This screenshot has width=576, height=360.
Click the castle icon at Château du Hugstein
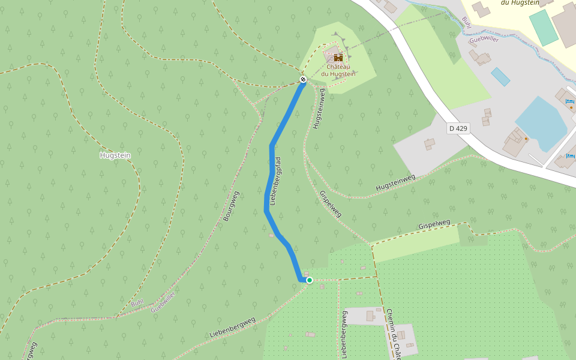[x=338, y=58]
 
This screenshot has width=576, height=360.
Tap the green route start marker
[x=310, y=280]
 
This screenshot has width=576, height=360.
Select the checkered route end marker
[x=303, y=79]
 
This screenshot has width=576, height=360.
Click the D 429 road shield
[x=458, y=128]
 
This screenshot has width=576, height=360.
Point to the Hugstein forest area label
[x=115, y=155]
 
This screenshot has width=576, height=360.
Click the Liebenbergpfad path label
[x=276, y=181]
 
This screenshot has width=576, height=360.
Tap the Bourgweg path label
[x=231, y=206]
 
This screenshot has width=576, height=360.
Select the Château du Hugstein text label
[x=338, y=70]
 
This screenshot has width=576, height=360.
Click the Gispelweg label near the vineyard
[x=434, y=224]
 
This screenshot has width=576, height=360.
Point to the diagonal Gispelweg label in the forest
[x=331, y=204]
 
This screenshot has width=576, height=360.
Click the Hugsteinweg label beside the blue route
[x=318, y=109]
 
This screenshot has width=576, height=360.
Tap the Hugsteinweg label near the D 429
[x=395, y=183]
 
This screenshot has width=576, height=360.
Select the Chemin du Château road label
[x=394, y=333]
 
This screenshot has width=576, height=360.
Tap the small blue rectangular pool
[x=500, y=76]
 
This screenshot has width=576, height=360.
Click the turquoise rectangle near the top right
[x=544, y=27]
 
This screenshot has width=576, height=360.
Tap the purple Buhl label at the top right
[x=466, y=22]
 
